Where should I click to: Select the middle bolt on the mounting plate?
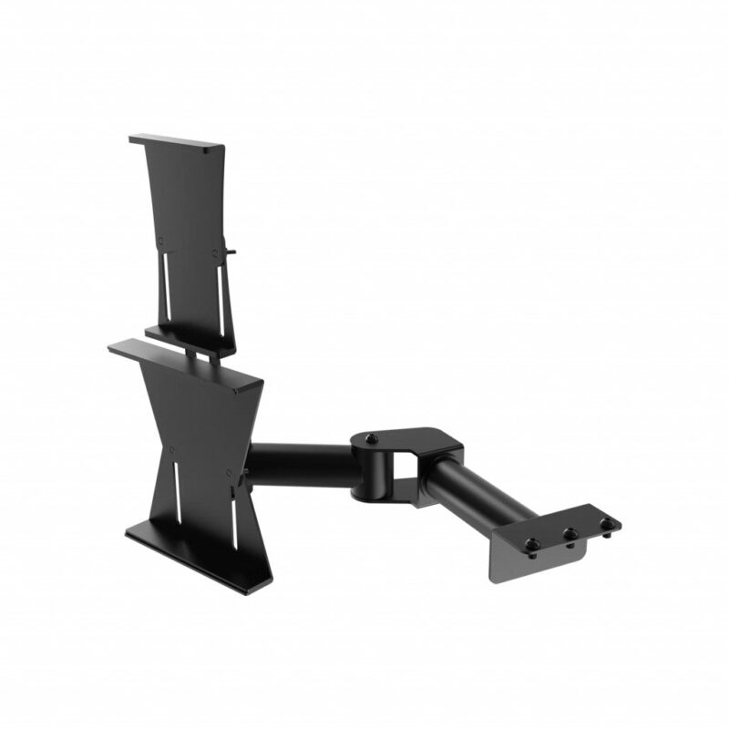click(570, 534)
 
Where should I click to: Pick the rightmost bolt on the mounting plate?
click(604, 523)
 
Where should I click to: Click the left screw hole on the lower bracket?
click(170, 449)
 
